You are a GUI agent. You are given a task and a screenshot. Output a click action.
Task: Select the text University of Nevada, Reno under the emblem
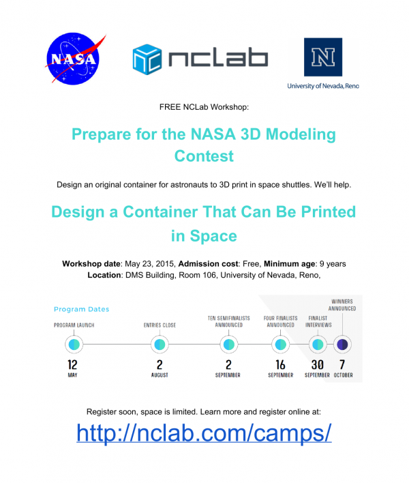tap(322, 86)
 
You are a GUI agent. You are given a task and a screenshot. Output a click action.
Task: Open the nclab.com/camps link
tap(204, 433)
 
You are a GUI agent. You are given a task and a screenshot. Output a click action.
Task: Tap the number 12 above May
tap(72, 364)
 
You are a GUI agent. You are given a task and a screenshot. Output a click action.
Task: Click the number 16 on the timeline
tap(280, 364)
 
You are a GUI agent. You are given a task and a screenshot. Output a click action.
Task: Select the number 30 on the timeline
tap(318, 364)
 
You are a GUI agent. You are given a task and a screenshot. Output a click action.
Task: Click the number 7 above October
tap(342, 364)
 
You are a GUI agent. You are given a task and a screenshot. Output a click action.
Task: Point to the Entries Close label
tap(160, 325)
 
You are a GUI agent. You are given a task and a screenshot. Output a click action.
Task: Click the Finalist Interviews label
tap(318, 321)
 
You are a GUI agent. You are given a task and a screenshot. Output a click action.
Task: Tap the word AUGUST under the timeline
tap(160, 376)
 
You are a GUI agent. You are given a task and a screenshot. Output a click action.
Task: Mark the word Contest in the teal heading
tap(204, 156)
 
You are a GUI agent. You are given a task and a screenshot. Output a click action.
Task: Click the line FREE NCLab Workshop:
tap(204, 107)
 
